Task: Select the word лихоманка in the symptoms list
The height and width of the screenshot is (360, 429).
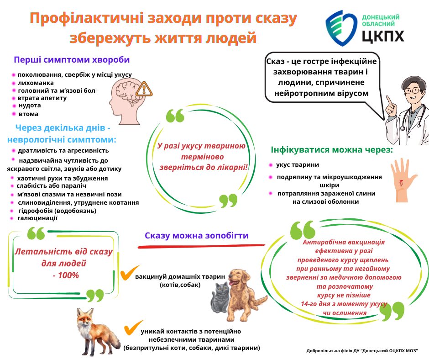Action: [x=36, y=83]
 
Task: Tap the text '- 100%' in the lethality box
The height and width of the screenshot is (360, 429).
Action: [x=65, y=275]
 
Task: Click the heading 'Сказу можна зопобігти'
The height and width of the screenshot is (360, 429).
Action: [x=197, y=236]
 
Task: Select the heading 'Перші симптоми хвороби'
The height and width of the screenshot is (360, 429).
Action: [x=72, y=60]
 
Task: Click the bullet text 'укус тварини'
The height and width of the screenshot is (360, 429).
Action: [x=298, y=164]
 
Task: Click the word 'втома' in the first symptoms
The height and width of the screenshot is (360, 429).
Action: [x=28, y=114]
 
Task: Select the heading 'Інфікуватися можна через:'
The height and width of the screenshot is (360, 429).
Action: [x=331, y=150]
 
